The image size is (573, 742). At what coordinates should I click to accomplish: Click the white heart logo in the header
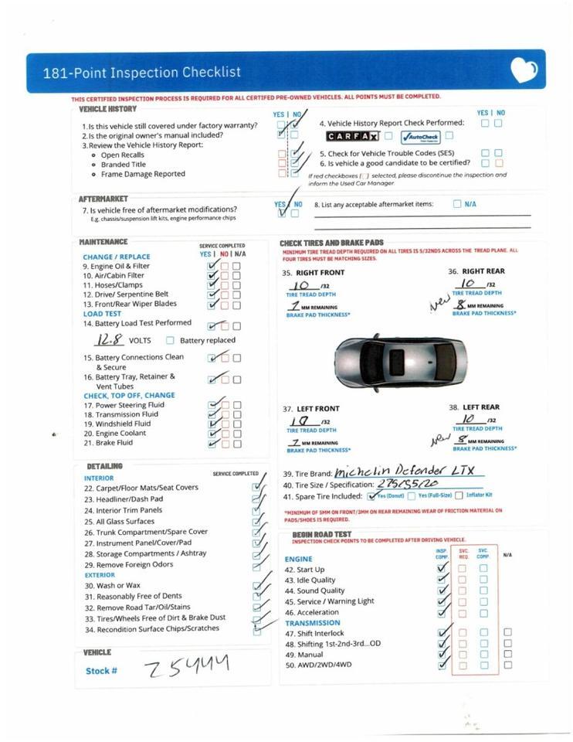point(524,70)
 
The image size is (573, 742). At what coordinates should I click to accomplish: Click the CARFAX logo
point(351,137)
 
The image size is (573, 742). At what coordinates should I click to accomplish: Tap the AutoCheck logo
point(419,137)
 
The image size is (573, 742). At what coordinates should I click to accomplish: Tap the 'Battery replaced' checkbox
point(170,341)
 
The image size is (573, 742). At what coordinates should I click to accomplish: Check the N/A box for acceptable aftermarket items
point(457,204)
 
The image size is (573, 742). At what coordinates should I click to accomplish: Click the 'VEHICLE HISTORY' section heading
point(107,110)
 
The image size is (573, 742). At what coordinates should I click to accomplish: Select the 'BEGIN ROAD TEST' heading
point(321,534)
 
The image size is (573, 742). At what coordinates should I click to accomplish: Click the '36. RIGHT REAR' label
point(476,271)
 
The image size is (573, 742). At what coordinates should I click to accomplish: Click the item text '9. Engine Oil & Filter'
point(117,266)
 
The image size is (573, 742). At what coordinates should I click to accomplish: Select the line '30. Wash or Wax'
point(112,585)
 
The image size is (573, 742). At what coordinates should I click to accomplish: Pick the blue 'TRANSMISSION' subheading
point(312,622)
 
